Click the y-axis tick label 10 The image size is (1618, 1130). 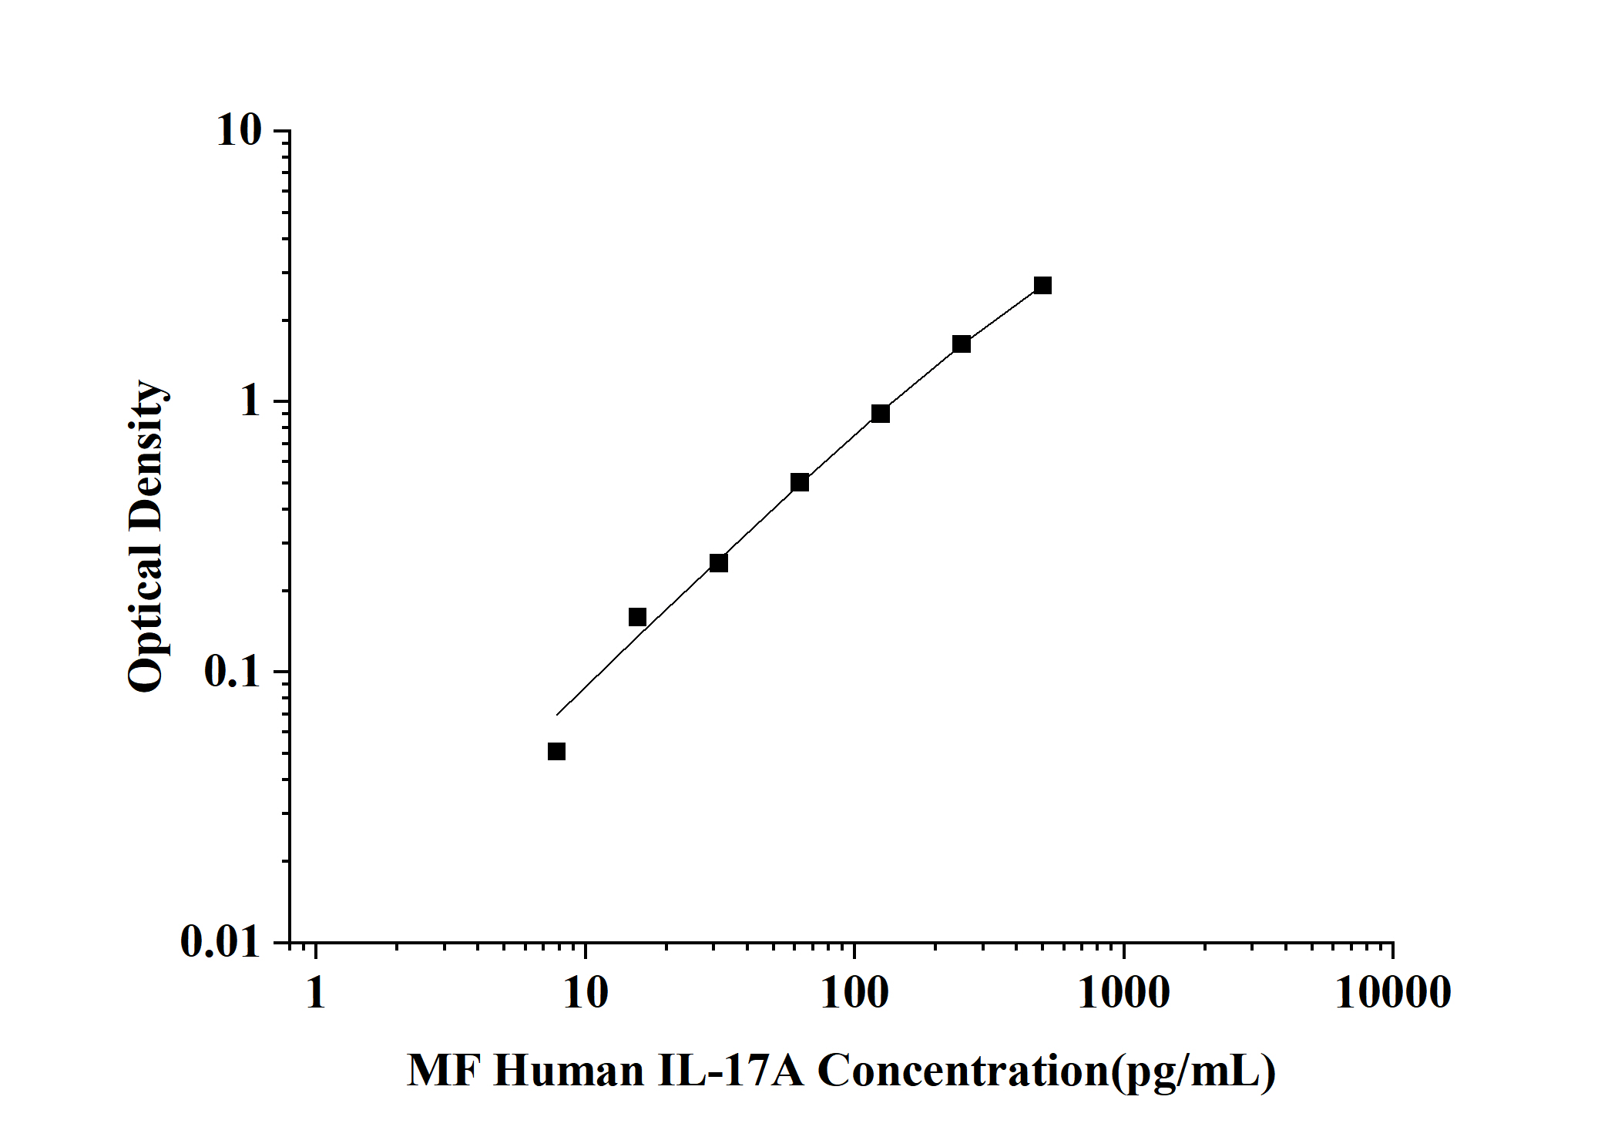(239, 131)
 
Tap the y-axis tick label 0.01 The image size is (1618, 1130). (220, 941)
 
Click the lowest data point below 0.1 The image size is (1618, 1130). (556, 751)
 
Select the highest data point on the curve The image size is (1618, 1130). (1042, 286)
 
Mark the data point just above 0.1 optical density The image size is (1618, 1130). (637, 617)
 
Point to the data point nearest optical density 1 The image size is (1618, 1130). (881, 414)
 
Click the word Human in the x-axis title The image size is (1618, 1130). (569, 1071)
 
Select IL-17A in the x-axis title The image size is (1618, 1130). (730, 1071)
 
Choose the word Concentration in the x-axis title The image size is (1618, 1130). (962, 1071)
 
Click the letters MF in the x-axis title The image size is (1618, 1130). (444, 1071)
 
